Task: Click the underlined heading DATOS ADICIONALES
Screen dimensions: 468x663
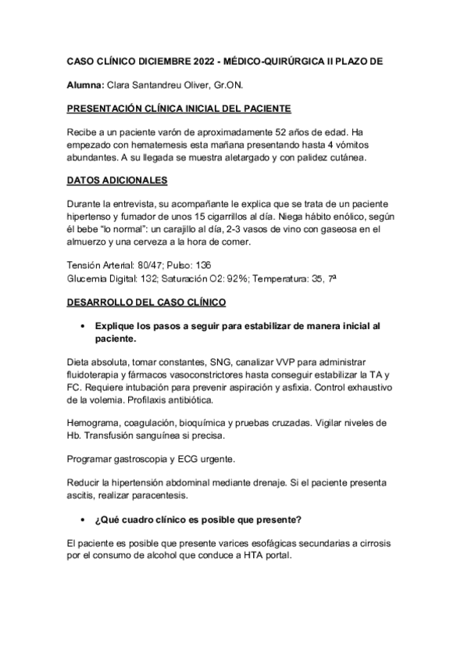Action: click(116, 181)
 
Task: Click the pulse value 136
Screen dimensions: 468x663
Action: click(222, 266)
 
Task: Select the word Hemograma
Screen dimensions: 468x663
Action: click(95, 423)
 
